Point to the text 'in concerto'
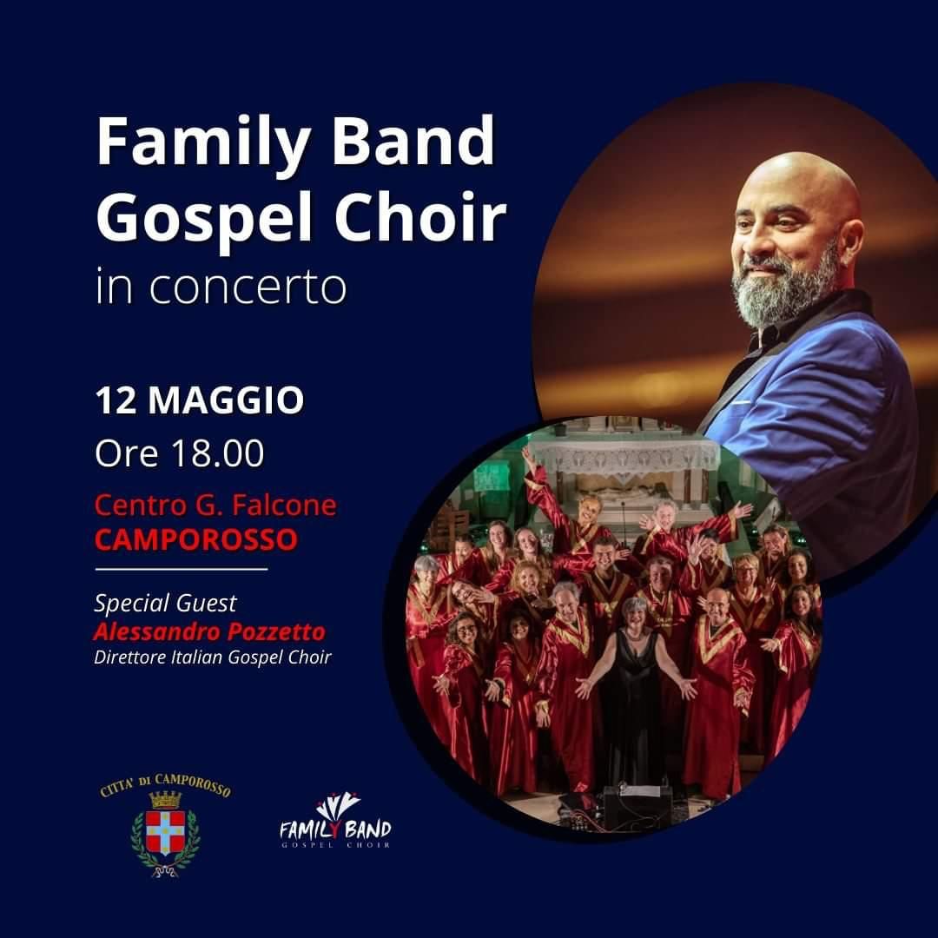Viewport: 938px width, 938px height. click(x=221, y=287)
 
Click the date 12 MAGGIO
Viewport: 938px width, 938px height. click(x=200, y=400)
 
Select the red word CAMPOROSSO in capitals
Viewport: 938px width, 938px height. click(x=196, y=539)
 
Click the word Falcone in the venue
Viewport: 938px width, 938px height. click(x=284, y=505)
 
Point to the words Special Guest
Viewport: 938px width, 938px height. click(x=166, y=604)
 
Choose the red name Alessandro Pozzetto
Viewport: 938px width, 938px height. click(x=209, y=631)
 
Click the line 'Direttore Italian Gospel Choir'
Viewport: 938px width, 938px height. click(x=213, y=657)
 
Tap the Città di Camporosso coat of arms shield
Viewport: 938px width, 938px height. click(x=165, y=832)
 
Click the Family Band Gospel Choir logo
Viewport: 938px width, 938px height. click(x=335, y=820)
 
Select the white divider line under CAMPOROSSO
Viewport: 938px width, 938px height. click(x=182, y=570)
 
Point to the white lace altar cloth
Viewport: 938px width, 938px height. click(x=625, y=458)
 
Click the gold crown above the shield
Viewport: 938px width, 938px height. click(x=165, y=799)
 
